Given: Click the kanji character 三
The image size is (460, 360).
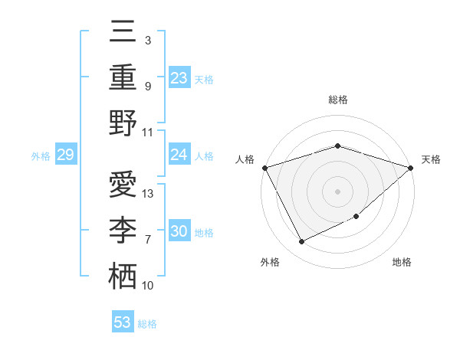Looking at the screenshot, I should pos(123,33).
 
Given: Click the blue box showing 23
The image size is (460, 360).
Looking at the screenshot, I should pos(179,77).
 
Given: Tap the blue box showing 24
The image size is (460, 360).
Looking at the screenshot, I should pos(179,155).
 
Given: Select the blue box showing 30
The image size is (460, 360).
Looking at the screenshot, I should pos(179,231).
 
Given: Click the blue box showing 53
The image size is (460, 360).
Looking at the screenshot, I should pos(122,322).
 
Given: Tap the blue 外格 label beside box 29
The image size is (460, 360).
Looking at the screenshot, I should pos(41,156).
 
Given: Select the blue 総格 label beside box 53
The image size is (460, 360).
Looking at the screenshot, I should pos(147,324).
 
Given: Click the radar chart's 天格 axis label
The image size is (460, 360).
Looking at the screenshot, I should pos(431,159).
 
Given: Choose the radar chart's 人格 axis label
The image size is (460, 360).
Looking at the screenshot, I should pos(245,159).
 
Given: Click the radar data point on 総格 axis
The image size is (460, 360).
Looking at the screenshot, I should pos(337,146).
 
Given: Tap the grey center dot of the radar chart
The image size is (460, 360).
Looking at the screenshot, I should pos(337,191).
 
